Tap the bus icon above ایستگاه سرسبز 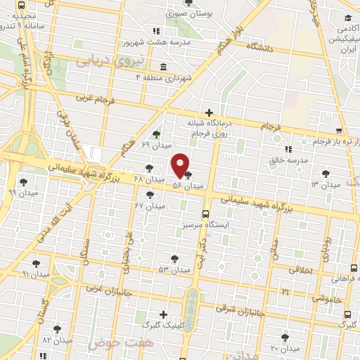click(x=205, y=214)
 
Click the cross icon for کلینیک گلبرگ click(x=164, y=314)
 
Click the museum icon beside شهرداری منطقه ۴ click(x=163, y=67)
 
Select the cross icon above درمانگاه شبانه click(x=209, y=112)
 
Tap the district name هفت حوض click(x=117, y=343)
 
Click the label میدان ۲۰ click(x=285, y=348)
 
